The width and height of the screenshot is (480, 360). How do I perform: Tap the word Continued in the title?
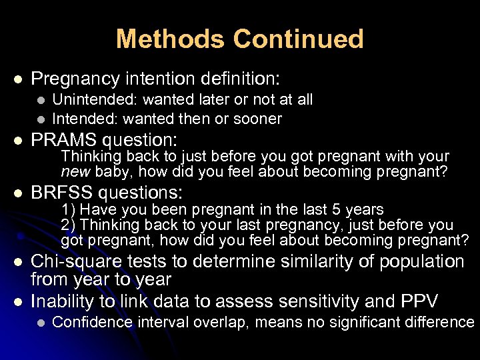tap(298, 39)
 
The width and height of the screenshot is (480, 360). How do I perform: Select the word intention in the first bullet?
tap(159, 79)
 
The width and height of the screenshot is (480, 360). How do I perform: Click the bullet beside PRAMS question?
tap(18, 141)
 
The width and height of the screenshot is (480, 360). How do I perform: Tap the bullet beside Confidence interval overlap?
tap(41, 323)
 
